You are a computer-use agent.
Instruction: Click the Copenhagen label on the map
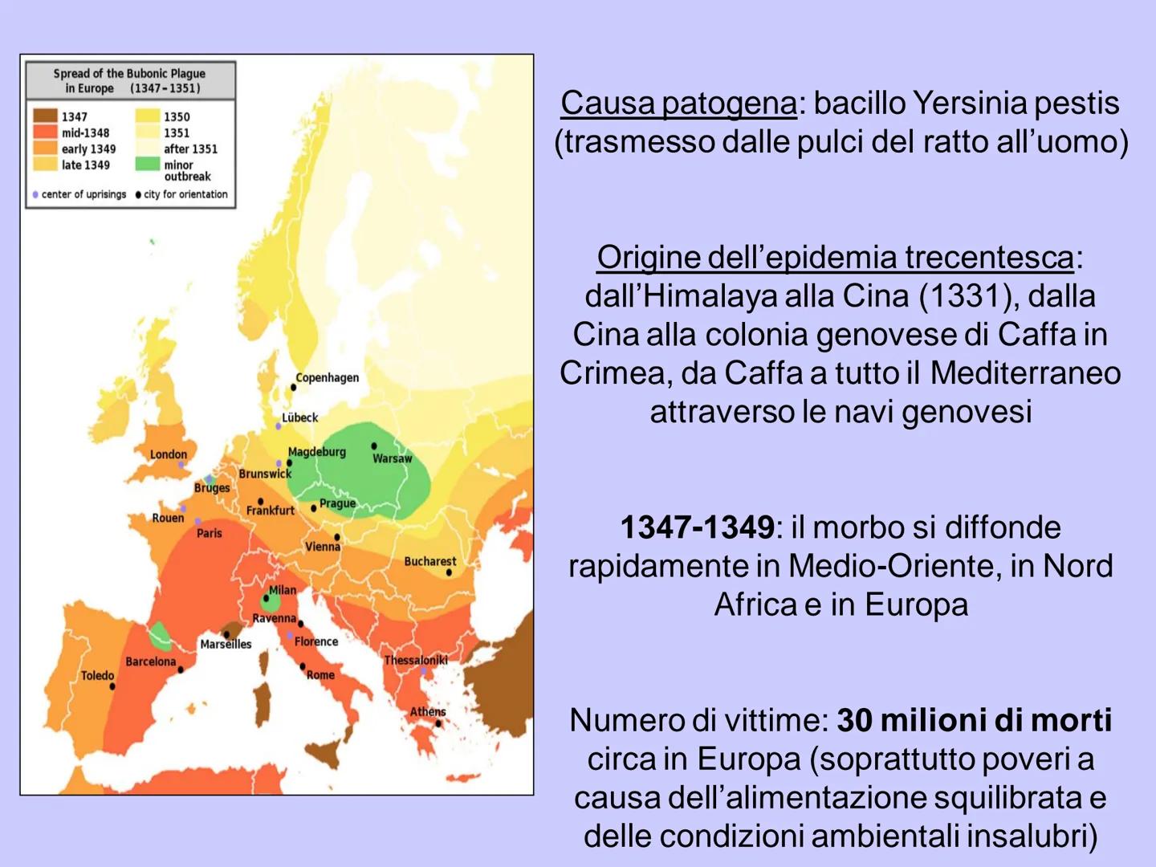pos(327,377)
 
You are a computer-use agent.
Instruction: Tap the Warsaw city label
pos(392,458)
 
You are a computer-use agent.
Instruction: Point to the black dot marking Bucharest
pos(449,572)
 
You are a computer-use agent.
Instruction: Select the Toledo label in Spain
pos(97,675)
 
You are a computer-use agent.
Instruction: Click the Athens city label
pos(427,711)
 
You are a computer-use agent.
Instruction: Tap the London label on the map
pos(168,454)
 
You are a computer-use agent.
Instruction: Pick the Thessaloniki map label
pos(415,660)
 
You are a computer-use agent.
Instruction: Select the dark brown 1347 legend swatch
pos(46,116)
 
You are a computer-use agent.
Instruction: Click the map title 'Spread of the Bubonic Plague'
pos(129,73)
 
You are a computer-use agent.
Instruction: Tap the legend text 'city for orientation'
pos(185,194)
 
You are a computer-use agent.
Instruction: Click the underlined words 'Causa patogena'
pos(678,103)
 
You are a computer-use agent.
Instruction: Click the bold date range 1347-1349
pos(697,527)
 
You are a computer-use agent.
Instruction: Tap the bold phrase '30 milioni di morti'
pos(974,720)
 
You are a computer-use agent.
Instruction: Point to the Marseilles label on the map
pos(226,644)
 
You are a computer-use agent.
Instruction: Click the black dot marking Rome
pos(303,666)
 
